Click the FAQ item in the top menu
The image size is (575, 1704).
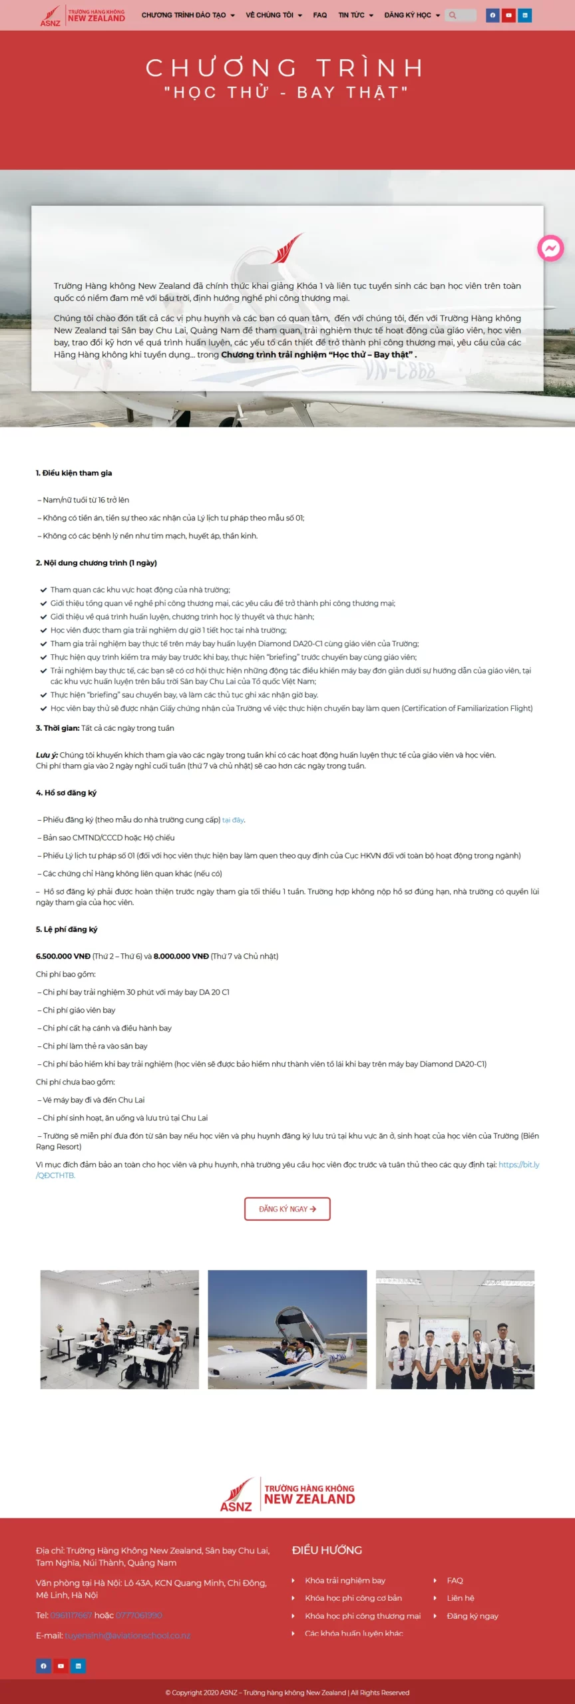pos(320,15)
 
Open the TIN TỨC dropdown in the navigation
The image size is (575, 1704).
pos(355,15)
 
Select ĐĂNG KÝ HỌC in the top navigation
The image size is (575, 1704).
pos(411,15)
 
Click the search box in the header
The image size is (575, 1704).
pos(461,15)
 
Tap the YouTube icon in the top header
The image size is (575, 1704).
pos(508,15)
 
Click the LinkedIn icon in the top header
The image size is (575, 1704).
pos(525,15)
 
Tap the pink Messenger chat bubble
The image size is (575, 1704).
pos(550,248)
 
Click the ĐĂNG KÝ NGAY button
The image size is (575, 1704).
pos(287,1209)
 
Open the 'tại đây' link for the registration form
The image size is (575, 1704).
pos(233,820)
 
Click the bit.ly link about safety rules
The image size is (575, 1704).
pos(518,1164)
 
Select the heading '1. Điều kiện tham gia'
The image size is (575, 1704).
pos(74,473)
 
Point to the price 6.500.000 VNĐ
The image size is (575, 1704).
pos(63,957)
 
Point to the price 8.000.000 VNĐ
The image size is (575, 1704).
pos(181,957)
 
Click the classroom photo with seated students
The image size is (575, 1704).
pos(120,1329)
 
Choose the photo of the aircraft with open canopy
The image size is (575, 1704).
pos(287,1329)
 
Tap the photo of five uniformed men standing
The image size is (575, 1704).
pos(455,1329)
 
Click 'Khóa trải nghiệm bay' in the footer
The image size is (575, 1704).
pos(345,1580)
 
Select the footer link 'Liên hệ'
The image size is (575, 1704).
pos(461,1597)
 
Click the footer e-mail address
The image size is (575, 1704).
pos(127,1635)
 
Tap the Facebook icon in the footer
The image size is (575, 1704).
pos(43,1666)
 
